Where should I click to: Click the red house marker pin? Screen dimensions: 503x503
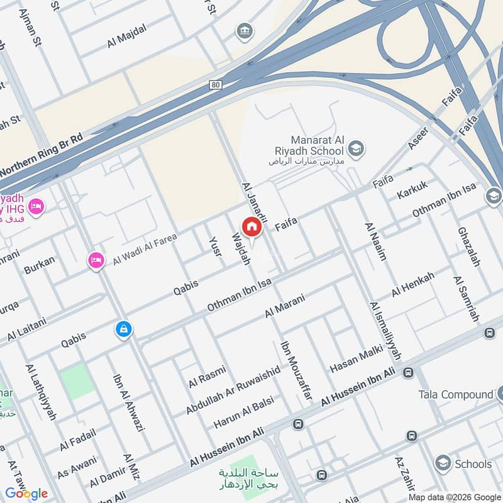tap(251, 226)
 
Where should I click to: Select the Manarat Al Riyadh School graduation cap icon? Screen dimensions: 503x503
tap(356, 148)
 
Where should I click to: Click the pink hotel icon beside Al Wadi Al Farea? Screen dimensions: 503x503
tap(96, 259)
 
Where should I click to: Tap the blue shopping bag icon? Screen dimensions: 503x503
tap(123, 329)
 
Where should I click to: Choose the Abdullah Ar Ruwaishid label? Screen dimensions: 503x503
tap(233, 391)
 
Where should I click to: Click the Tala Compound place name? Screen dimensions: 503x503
tap(456, 394)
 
